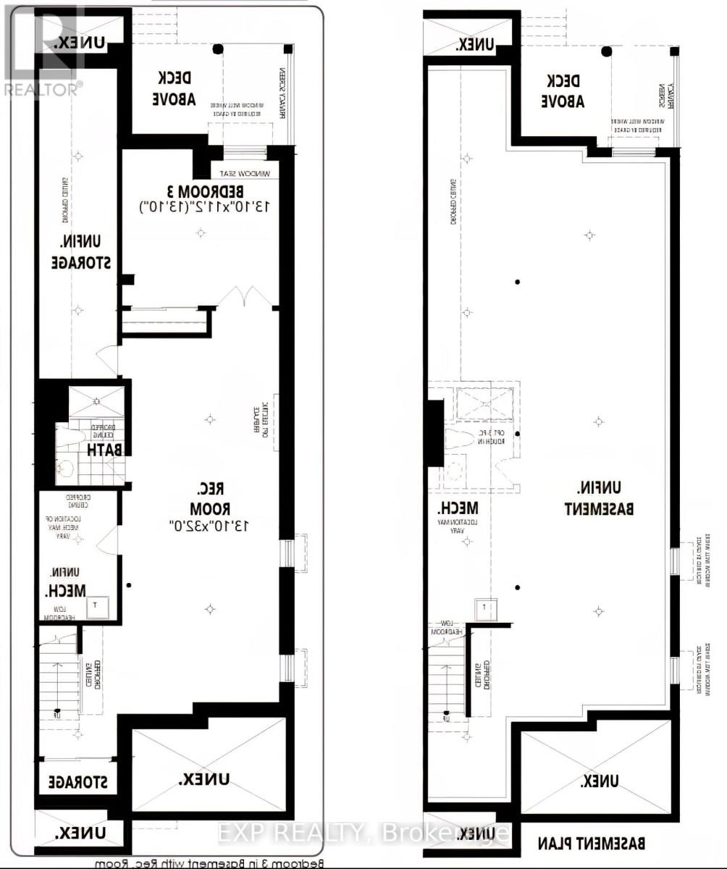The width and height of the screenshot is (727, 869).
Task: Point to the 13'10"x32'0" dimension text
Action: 205,525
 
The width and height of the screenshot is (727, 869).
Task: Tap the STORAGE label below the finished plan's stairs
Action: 76,782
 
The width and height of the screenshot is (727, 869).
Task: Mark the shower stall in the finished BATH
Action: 96,403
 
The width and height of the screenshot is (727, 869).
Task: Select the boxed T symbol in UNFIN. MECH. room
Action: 97,607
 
